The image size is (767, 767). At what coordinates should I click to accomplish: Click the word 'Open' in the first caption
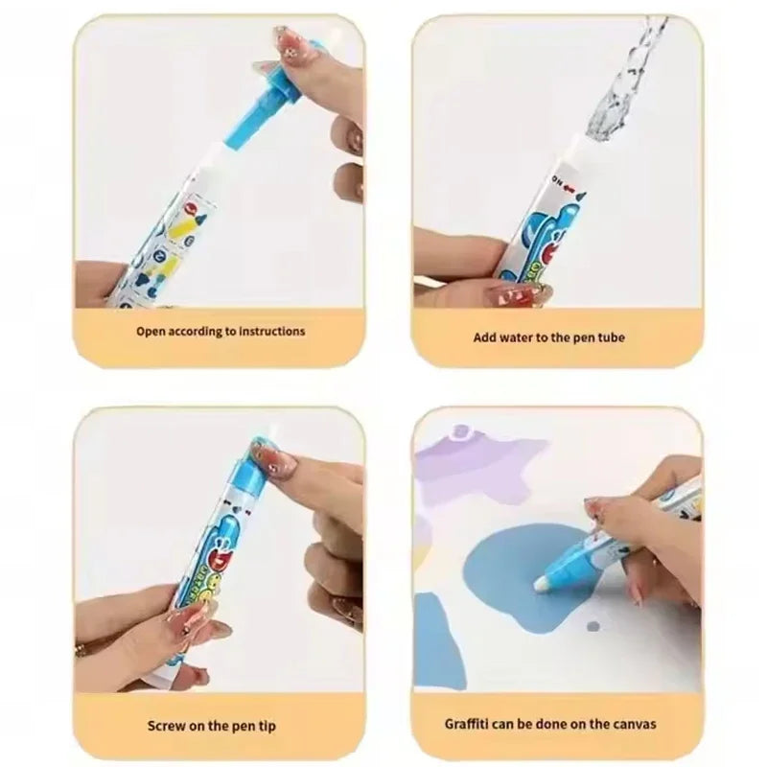click(x=151, y=332)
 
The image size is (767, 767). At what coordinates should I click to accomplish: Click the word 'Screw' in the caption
click(x=166, y=726)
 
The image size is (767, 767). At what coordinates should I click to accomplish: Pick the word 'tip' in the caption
click(x=267, y=726)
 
